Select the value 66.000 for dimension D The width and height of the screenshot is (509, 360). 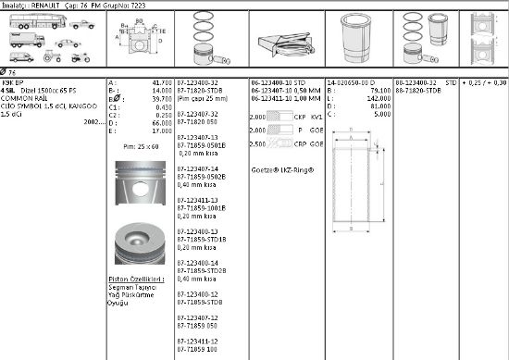point(158,121)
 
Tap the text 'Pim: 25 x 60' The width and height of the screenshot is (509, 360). point(141,146)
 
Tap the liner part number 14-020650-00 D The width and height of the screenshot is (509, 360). point(352,82)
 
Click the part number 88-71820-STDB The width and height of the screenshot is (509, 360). point(418,89)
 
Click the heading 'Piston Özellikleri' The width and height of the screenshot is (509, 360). point(136,278)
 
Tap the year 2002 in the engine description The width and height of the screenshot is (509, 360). point(95,121)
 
